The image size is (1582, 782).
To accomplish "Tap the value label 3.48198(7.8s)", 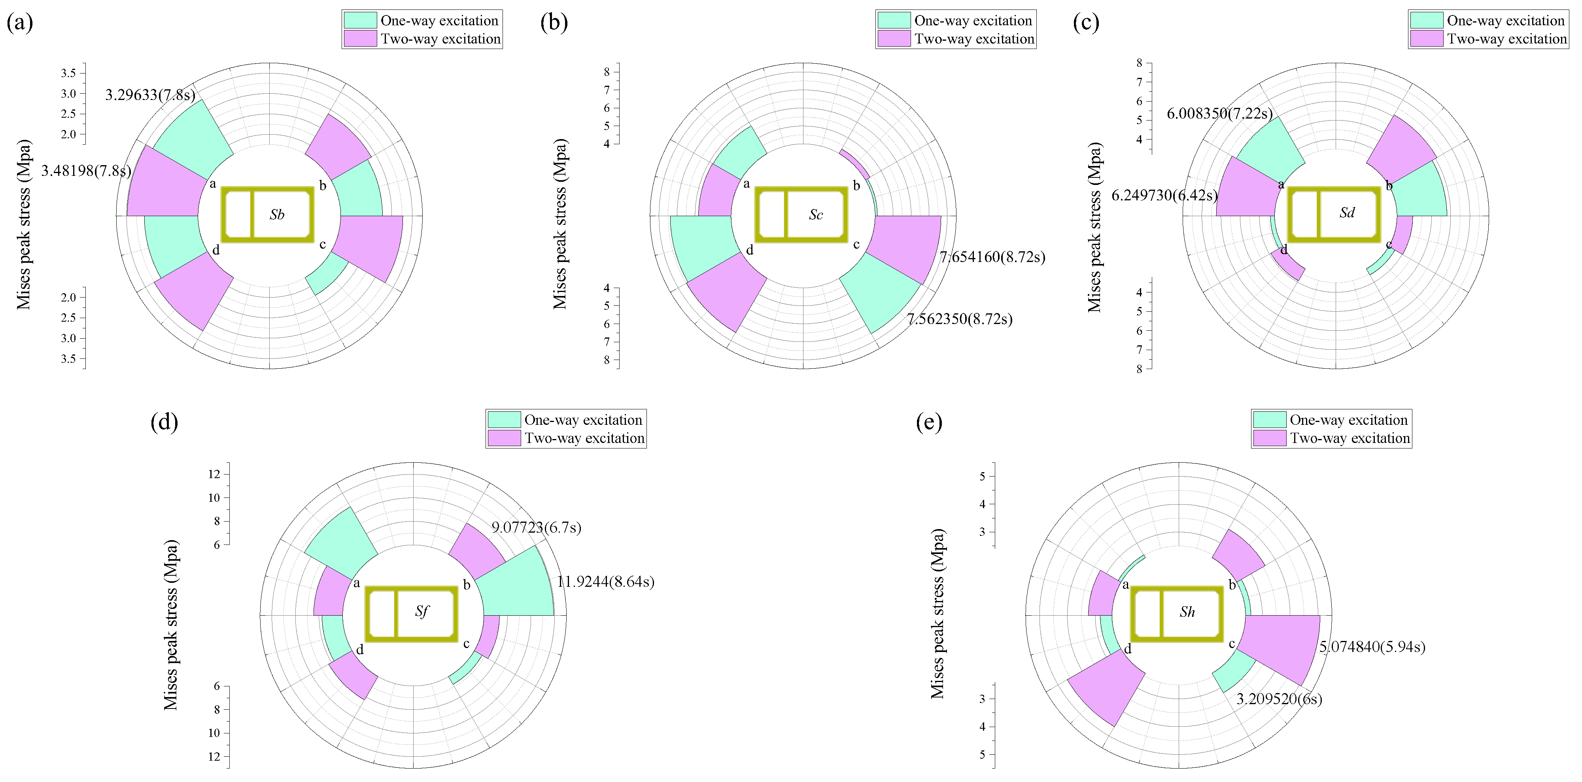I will (86, 171).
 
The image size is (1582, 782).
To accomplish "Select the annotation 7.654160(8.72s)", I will (992, 257).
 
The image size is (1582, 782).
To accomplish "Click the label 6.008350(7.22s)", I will (1219, 113).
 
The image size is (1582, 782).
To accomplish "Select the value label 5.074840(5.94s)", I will (1372, 647).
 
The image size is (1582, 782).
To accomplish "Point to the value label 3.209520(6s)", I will (1279, 699).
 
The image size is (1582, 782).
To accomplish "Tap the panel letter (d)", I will (164, 422).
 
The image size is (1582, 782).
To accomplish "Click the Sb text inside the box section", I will (277, 215).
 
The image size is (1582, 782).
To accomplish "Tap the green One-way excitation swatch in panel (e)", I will (1269, 420).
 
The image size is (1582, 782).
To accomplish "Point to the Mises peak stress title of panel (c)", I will (1094, 227).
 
